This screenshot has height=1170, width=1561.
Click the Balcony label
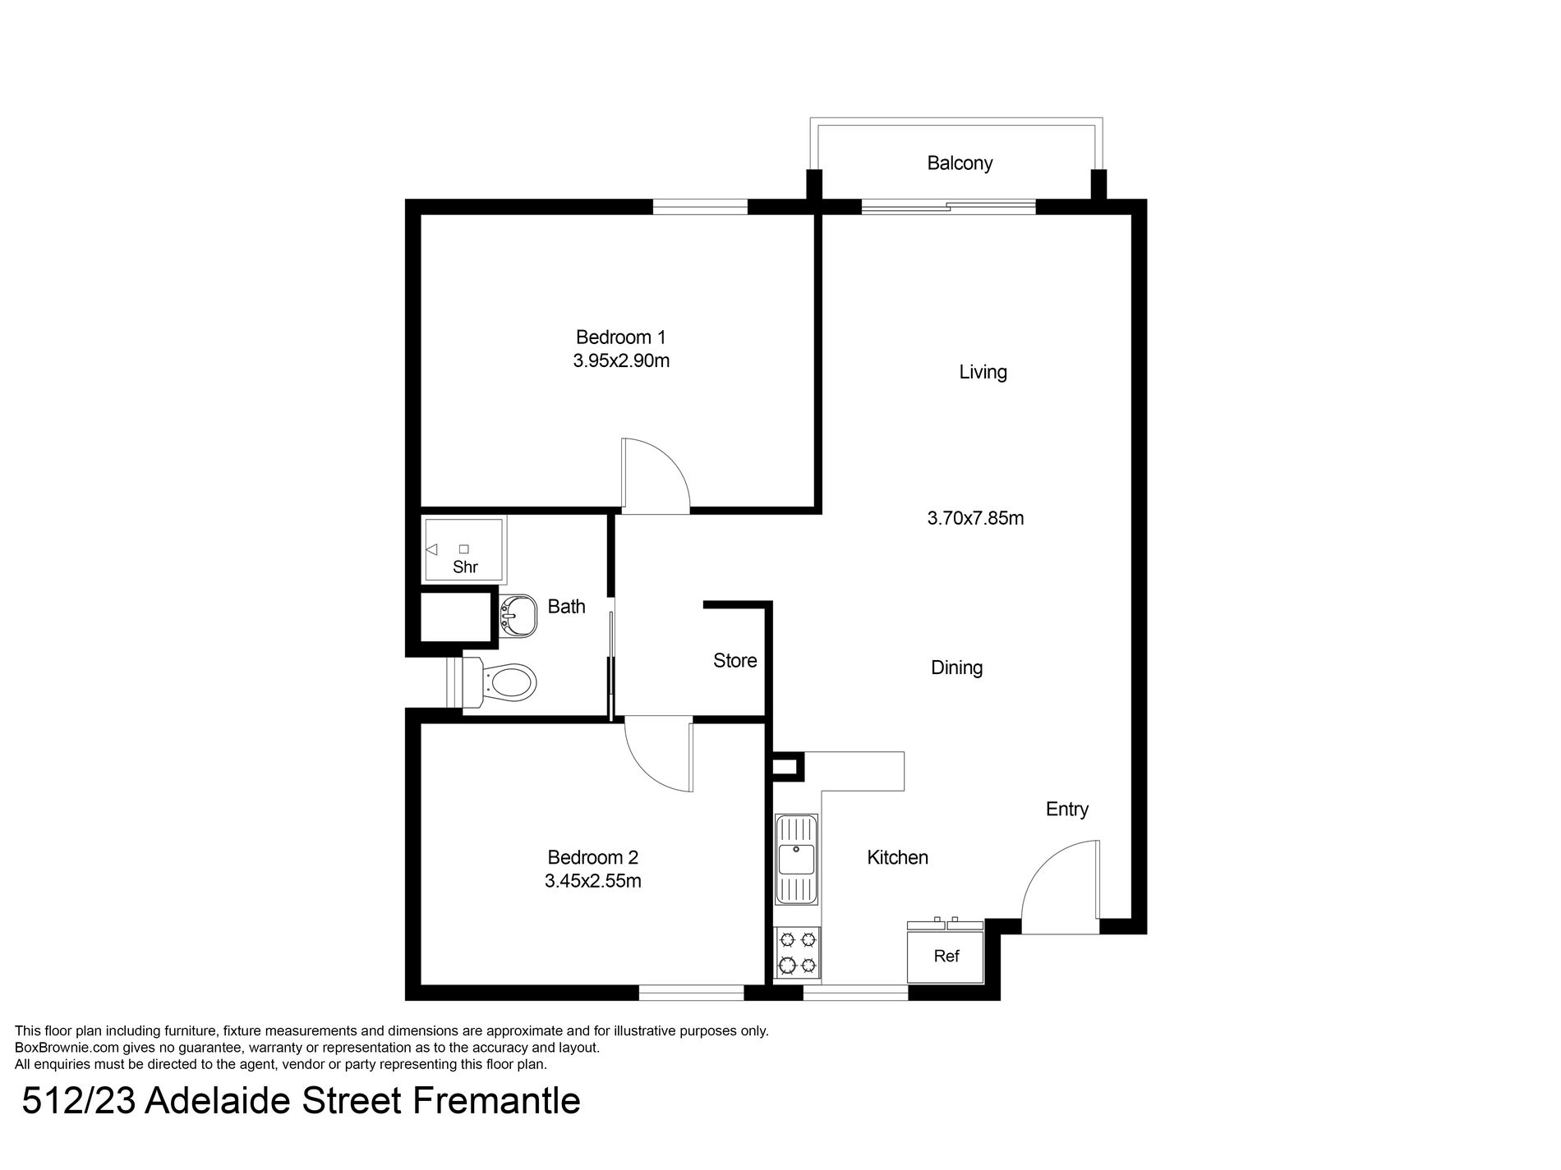click(x=960, y=163)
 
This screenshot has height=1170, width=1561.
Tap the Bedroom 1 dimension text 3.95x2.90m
click(x=621, y=360)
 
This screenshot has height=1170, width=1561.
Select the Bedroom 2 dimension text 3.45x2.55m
click(x=592, y=881)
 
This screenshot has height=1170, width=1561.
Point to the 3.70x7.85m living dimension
click(x=975, y=518)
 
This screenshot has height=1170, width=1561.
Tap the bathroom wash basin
click(x=517, y=615)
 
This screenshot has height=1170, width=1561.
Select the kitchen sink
click(x=796, y=859)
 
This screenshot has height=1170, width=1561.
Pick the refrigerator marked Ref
click(x=946, y=955)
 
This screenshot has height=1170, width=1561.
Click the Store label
click(x=734, y=661)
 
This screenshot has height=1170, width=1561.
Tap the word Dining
click(x=956, y=668)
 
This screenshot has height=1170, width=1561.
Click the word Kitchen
click(x=897, y=858)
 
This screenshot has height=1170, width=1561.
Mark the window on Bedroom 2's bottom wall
click(x=691, y=993)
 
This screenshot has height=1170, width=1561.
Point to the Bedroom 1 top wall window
click(x=700, y=207)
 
